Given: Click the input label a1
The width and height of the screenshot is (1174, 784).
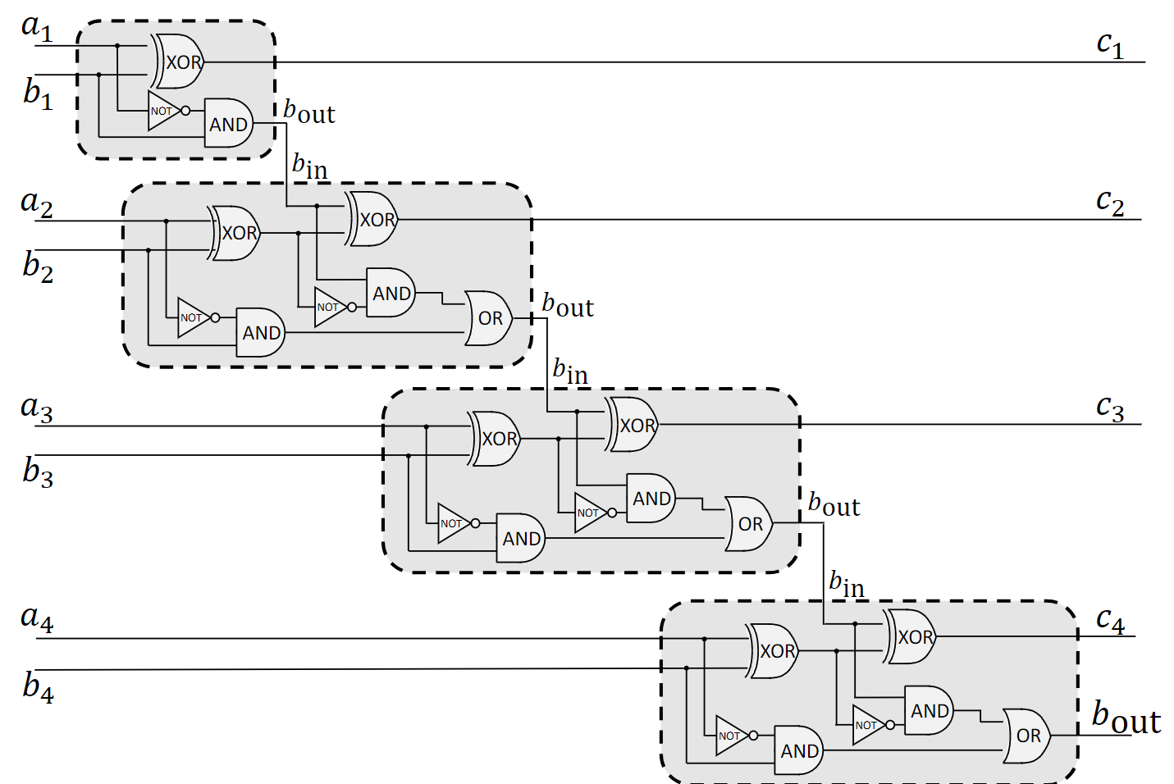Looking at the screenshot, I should pyautogui.click(x=36, y=27).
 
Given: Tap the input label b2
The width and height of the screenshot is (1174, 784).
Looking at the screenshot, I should pyautogui.click(x=38, y=267).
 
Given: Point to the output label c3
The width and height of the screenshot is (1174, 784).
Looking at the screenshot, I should pyautogui.click(x=1109, y=408).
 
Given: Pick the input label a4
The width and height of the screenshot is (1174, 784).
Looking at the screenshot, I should pyautogui.click(x=37, y=618).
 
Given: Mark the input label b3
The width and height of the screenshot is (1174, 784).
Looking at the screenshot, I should pyautogui.click(x=38, y=472).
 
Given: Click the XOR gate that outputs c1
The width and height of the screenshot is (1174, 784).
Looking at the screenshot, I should pyautogui.click(x=180, y=62).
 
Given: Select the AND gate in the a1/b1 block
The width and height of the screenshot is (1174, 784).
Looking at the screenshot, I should pyautogui.click(x=228, y=124).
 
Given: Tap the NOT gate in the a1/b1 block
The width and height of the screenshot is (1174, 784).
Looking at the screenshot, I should pyautogui.click(x=164, y=111).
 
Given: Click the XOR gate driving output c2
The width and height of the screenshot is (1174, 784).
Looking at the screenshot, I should pyautogui.click(x=374, y=219).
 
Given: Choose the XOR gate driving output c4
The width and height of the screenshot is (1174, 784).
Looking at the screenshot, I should pyautogui.click(x=911, y=636).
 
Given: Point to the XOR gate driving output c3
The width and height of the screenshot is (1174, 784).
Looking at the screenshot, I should pyautogui.click(x=633, y=425).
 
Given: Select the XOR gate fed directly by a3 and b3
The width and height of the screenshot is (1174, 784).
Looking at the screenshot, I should pyautogui.click(x=496, y=439).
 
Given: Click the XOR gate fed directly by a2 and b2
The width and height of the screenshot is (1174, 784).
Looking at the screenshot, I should pyautogui.click(x=235, y=233).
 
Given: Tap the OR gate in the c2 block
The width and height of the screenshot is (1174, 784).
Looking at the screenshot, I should pyautogui.click(x=489, y=318).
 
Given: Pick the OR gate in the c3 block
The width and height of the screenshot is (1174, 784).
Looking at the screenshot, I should pyautogui.click(x=749, y=523).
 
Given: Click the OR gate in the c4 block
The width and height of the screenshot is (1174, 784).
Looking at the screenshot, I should pyautogui.click(x=1027, y=736).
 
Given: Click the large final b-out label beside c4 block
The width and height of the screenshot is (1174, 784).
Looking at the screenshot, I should pyautogui.click(x=1126, y=718).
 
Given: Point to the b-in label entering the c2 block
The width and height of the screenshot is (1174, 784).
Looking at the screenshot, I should pyautogui.click(x=310, y=166).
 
